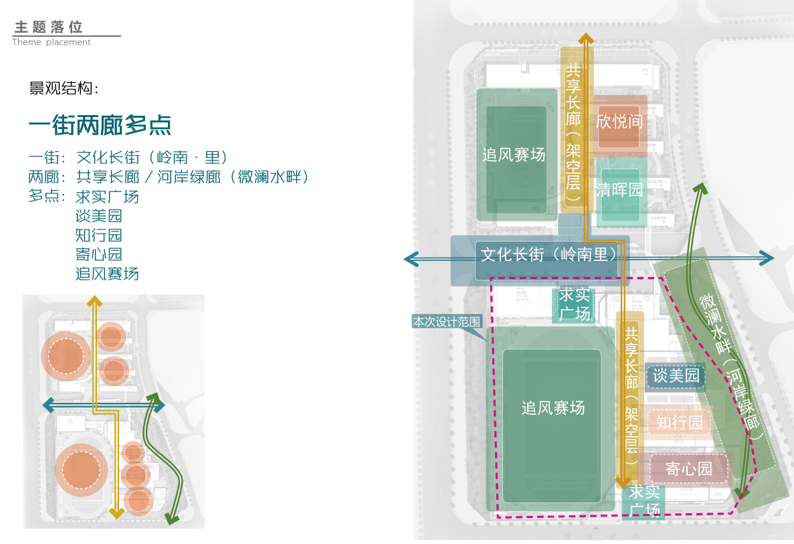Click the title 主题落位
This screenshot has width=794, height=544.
49,27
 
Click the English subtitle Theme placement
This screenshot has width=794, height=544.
52,42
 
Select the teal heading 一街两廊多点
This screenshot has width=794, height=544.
100,125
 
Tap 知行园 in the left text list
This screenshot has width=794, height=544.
99,236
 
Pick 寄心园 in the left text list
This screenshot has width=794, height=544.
99,254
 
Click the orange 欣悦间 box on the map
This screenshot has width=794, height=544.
619,122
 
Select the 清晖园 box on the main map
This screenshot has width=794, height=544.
619,190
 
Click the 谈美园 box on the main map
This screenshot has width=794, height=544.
676,376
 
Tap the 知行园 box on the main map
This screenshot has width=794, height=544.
680,423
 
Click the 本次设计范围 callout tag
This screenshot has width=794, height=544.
447,322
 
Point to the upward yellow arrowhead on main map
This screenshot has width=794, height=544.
586,39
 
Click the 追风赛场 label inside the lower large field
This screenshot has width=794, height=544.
553,408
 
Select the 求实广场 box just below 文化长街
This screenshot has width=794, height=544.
575,304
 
